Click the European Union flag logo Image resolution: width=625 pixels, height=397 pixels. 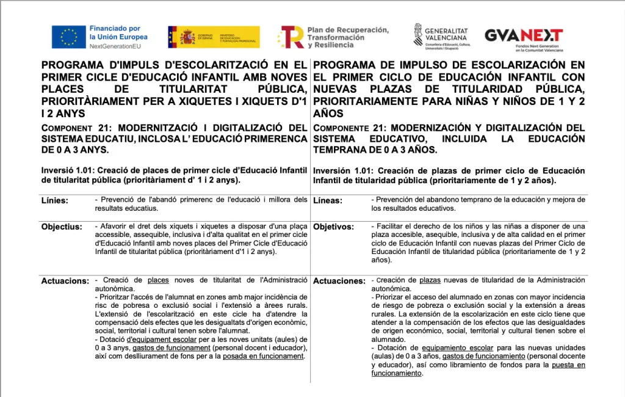point(68,37)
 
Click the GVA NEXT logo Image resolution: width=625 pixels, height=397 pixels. point(524,35)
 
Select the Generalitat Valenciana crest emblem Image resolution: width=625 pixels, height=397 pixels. point(418,35)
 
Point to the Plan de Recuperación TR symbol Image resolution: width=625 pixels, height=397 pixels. point(291,37)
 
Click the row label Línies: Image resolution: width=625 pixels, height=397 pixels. point(55,200)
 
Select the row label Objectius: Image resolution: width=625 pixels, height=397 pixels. point(62,227)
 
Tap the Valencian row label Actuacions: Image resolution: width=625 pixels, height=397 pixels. point(65,281)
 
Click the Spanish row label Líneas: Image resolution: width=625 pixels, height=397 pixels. point(328,200)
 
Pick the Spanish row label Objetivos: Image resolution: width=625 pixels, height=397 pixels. point(333,227)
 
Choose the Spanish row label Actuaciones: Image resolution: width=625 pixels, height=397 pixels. point(339,281)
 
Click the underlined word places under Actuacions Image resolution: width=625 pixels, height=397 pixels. point(158,280)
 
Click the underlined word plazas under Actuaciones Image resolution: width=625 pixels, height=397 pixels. point(430,280)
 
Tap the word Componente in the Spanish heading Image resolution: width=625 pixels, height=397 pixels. point(341,128)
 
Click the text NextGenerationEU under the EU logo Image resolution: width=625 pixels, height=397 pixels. point(115,46)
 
